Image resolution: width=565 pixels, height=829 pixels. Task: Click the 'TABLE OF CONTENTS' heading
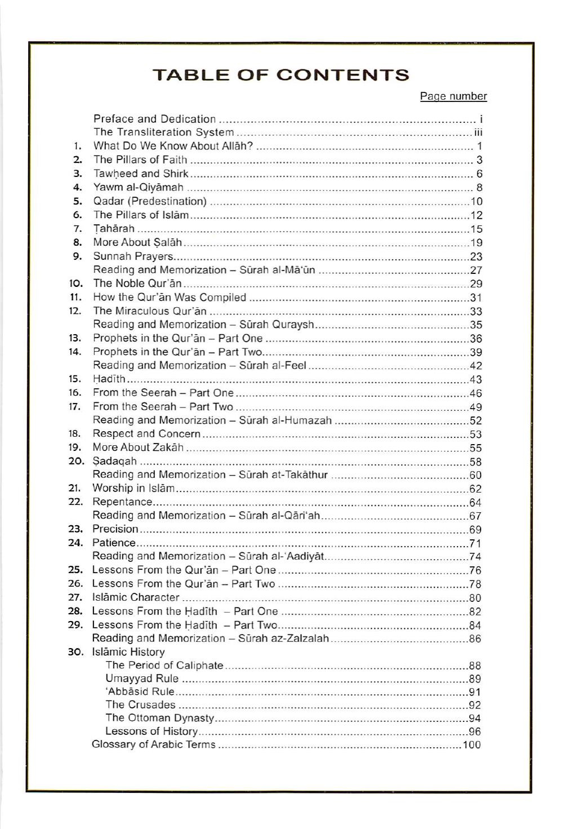281,75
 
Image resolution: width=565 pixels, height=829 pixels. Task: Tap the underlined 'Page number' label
453,96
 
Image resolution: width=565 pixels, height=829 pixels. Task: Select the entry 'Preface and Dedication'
154,119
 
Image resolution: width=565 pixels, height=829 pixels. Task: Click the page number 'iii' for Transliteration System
478,133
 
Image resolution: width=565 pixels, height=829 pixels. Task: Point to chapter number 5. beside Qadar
78,201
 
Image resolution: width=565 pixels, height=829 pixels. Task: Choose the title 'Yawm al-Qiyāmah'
139,188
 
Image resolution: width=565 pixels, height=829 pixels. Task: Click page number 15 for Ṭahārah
476,229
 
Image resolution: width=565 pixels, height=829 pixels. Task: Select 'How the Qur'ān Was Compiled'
170,298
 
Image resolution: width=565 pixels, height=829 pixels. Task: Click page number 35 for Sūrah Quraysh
476,325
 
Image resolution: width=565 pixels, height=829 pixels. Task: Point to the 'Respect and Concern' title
146,434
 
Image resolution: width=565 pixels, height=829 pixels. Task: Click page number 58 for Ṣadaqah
475,462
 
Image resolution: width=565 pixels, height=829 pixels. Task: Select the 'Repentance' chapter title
122,502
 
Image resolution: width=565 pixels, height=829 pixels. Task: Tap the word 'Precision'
115,529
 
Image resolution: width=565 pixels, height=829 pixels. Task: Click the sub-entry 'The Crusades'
140,705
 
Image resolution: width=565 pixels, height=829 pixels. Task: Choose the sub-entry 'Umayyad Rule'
142,679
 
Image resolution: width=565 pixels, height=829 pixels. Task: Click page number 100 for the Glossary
472,745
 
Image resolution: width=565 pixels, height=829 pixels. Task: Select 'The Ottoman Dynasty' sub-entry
159,718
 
